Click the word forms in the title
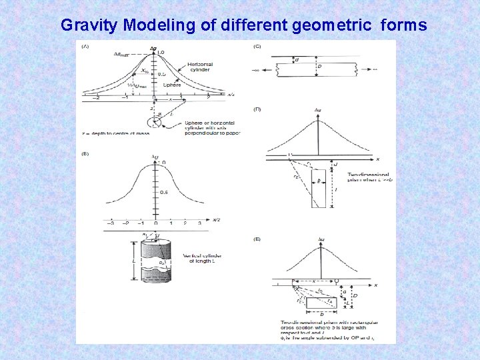coord(404,25)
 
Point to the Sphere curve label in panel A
coord(173,85)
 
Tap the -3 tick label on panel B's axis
coord(110,223)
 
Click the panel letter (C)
coord(258,46)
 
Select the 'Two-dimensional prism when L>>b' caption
coord(367,177)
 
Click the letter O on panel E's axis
coord(336,281)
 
